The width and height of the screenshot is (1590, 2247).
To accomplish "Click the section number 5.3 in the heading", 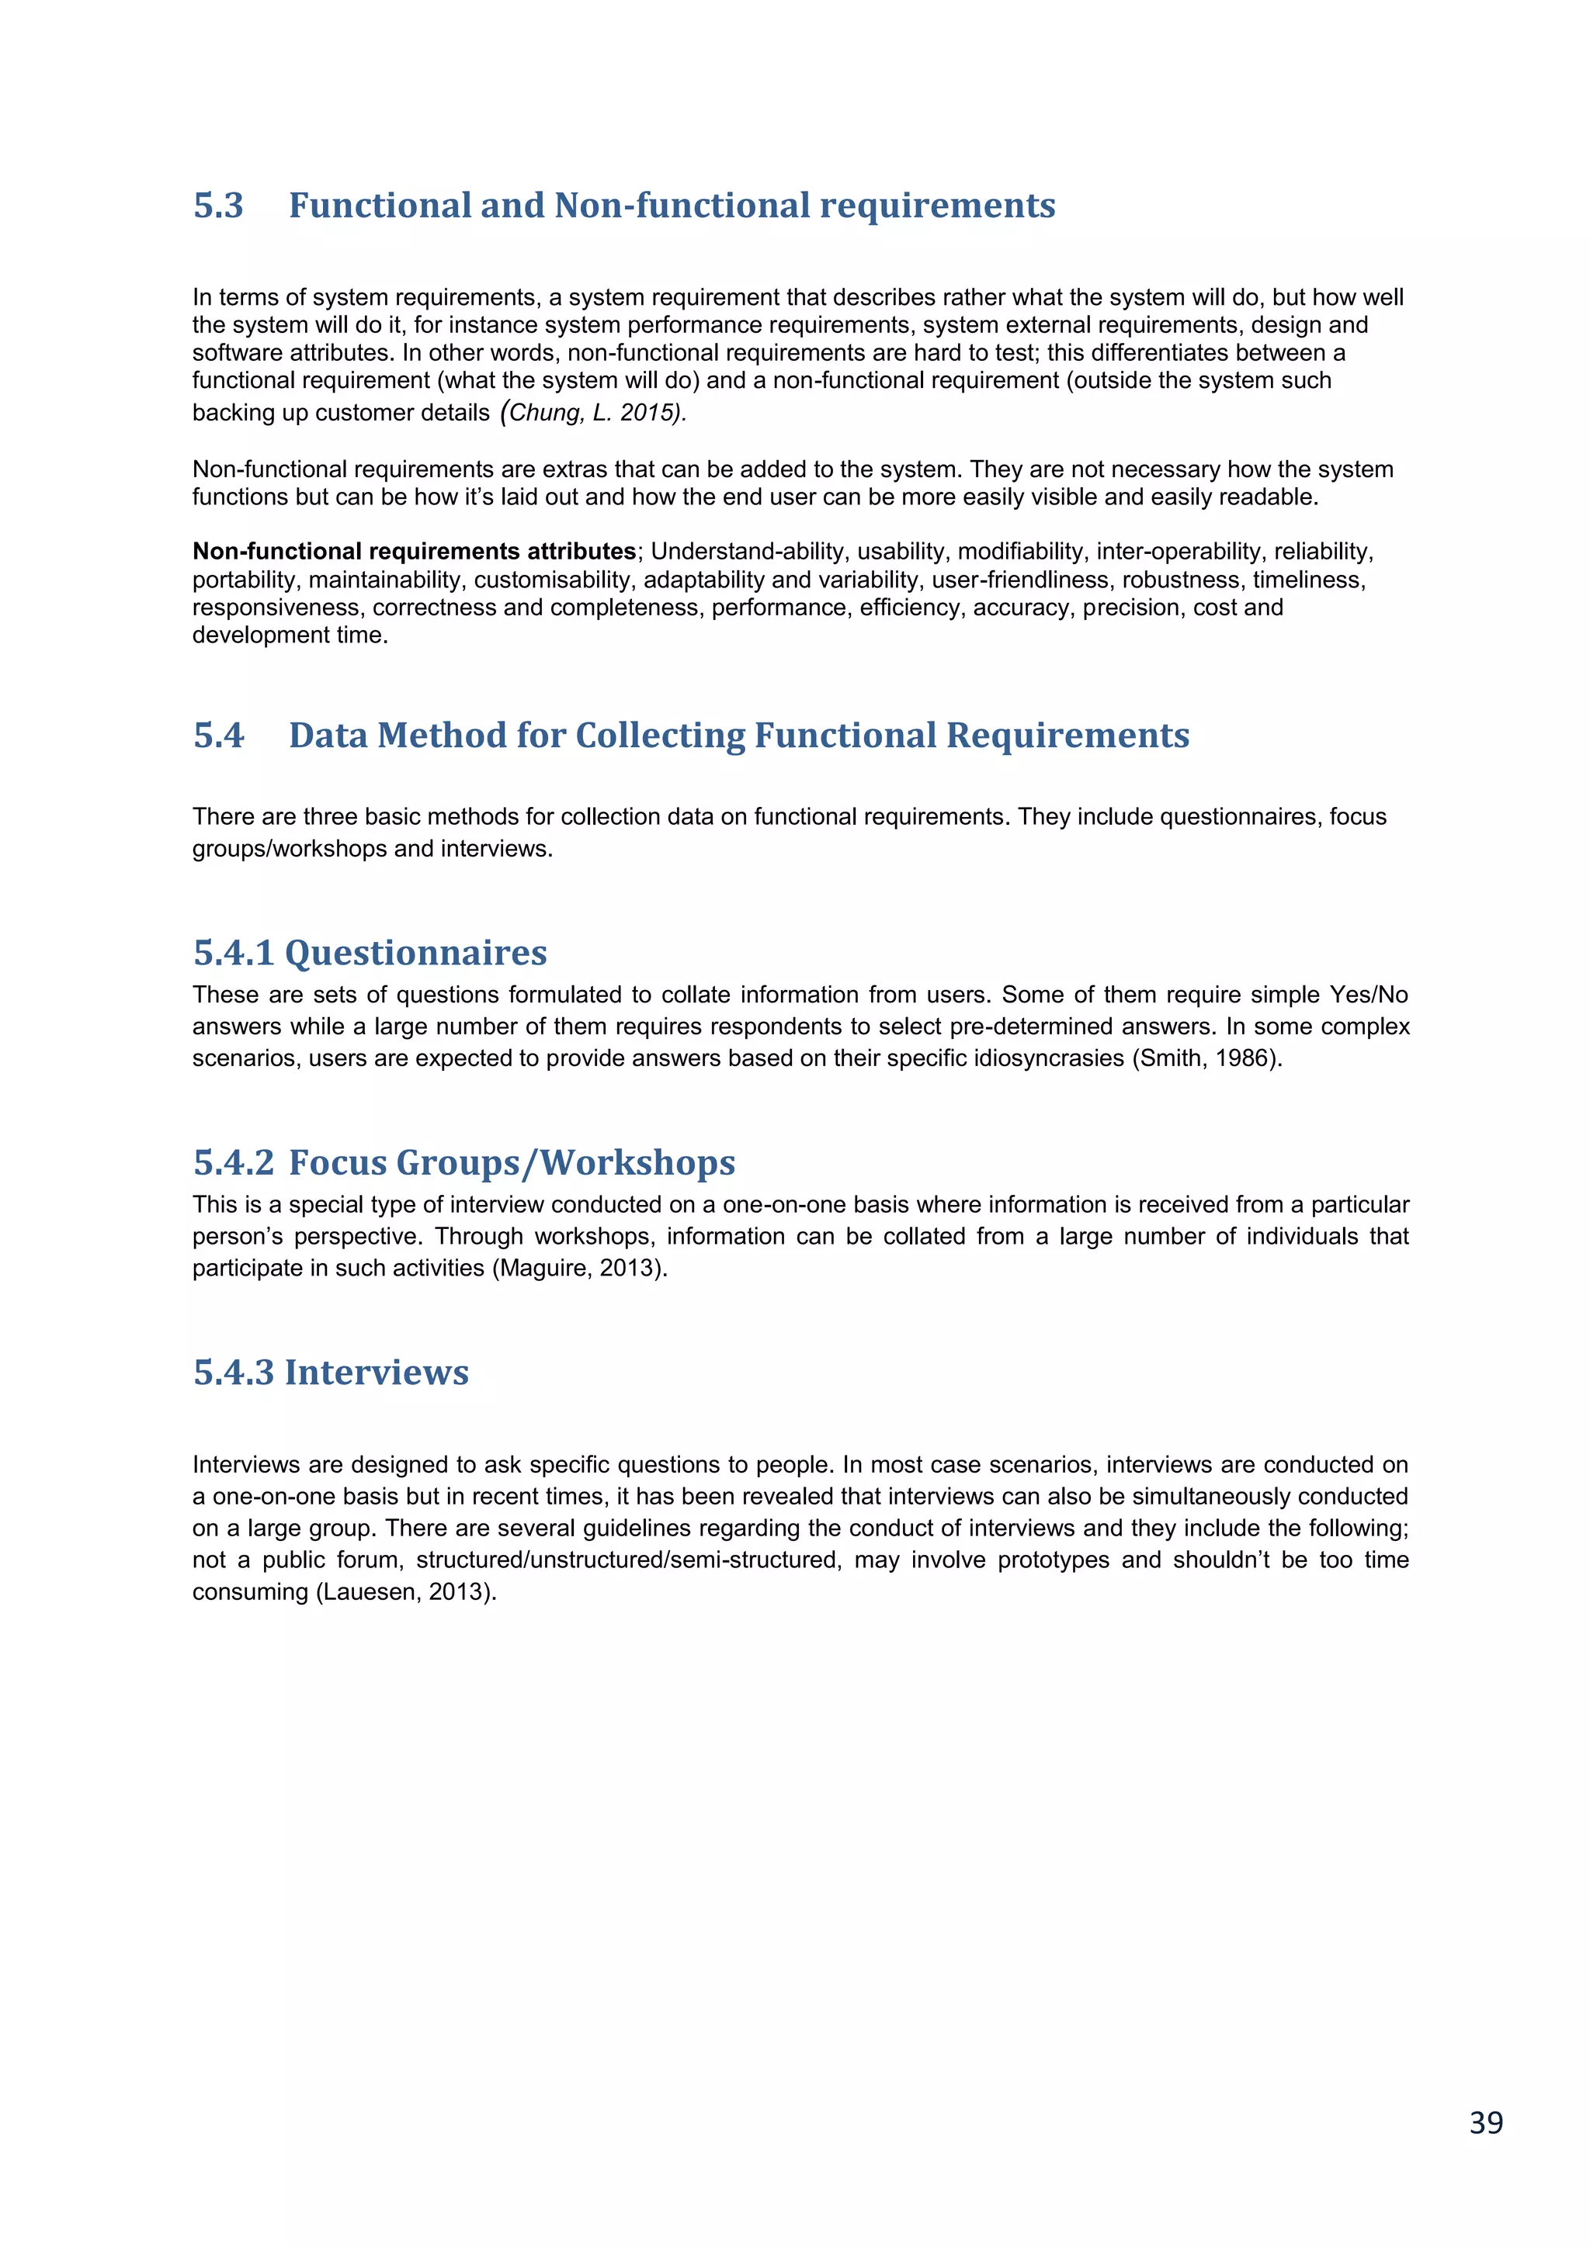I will pos(218,206).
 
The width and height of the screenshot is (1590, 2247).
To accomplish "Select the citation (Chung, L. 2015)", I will pos(593,412).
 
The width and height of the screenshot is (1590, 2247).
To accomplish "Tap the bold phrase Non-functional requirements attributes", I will pos(414,552).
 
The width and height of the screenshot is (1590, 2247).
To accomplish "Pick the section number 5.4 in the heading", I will pos(218,735).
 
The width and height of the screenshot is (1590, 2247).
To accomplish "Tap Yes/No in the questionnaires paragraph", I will pos(1368,995).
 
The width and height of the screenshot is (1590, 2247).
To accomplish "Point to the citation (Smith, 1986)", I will pos(1206,1059).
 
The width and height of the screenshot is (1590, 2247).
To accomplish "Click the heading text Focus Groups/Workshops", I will pos(511,1162).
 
